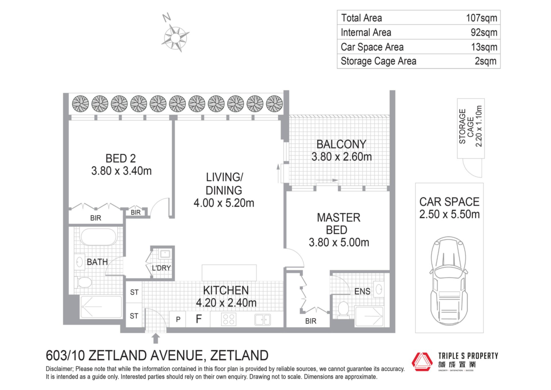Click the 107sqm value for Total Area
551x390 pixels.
482,18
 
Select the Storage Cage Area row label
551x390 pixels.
378,61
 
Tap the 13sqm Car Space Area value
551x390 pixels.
484,47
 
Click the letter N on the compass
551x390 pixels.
166,18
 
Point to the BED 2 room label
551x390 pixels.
121,158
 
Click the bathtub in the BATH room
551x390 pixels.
98,237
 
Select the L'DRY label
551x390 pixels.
161,268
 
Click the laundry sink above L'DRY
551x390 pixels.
165,254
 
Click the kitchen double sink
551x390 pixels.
262,320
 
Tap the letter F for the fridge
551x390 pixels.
199,319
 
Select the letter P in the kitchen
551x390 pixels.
178,319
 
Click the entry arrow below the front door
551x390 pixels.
156,338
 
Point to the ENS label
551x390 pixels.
362,291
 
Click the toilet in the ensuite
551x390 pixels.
343,310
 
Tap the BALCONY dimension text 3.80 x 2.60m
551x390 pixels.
342,157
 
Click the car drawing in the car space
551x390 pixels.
449,281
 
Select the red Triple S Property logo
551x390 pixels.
422,362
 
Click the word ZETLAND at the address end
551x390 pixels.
239,356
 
